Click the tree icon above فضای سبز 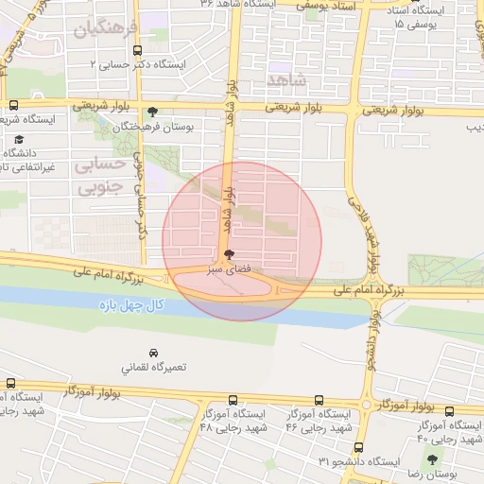click(x=230, y=253)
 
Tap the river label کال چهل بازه click(x=130, y=305)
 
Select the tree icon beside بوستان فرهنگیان click(x=153, y=112)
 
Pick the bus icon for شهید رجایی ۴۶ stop click(x=317, y=401)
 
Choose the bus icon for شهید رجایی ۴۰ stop click(x=449, y=411)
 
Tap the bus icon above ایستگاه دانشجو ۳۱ click(x=357, y=447)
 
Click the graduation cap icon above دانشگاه click(x=19, y=140)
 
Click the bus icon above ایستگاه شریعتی click(x=12, y=106)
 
